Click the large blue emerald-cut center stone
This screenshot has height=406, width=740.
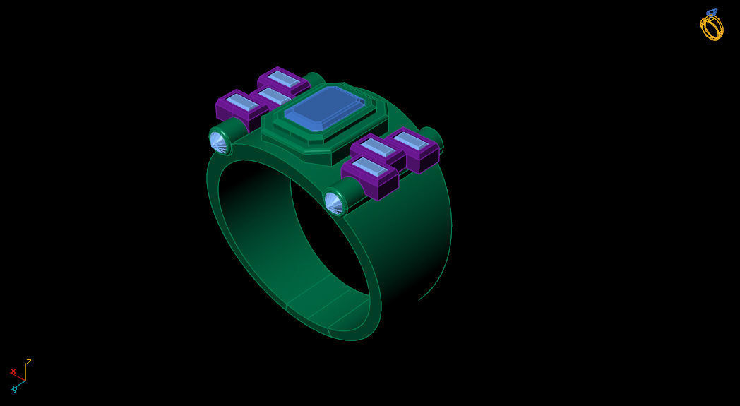(x=324, y=109)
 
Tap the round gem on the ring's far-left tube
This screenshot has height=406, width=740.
(x=219, y=142)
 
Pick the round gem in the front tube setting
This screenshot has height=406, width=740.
(x=333, y=203)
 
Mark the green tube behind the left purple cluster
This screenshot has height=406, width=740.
(x=314, y=78)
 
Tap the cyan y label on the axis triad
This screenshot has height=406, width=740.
(x=13, y=389)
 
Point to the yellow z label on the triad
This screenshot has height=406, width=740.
(x=29, y=362)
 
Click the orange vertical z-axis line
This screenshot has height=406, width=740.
(x=25, y=373)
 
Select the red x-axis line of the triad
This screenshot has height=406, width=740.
(x=20, y=378)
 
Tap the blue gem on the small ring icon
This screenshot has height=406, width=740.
(x=711, y=13)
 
